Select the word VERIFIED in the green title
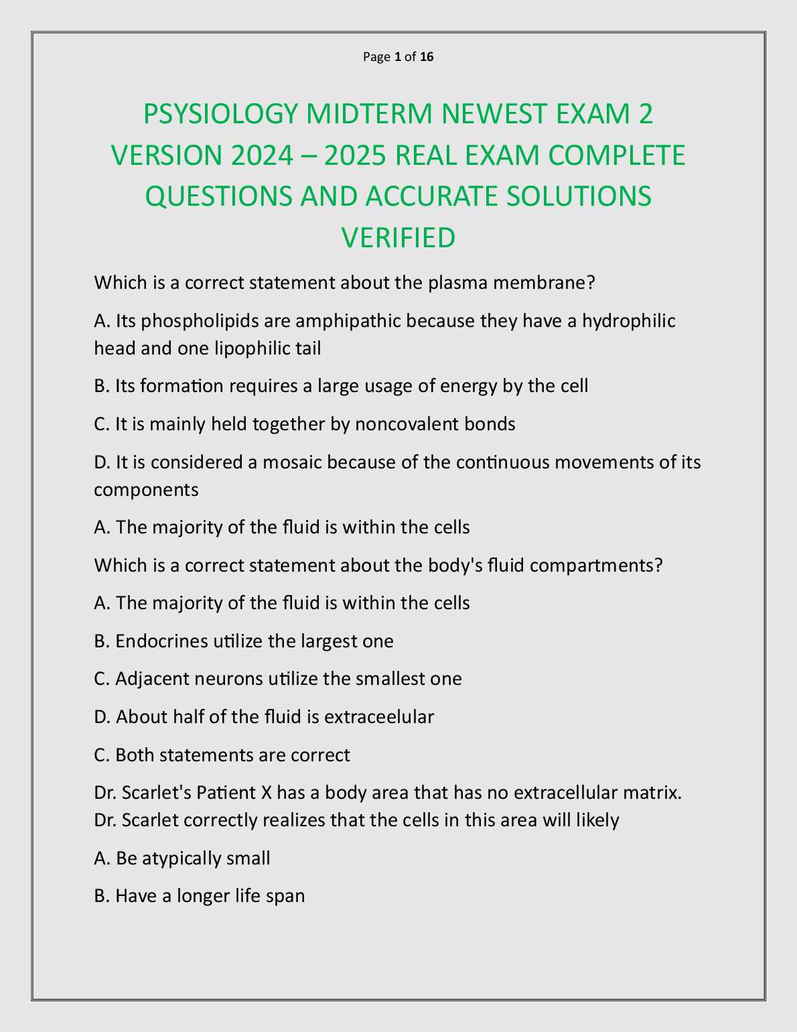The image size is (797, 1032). pyautogui.click(x=398, y=238)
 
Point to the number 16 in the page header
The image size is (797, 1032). pyautogui.click(x=427, y=57)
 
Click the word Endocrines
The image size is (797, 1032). pyautogui.click(x=161, y=641)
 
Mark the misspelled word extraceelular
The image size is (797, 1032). pyautogui.click(x=379, y=717)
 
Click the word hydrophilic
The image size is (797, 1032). pyautogui.click(x=629, y=321)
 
